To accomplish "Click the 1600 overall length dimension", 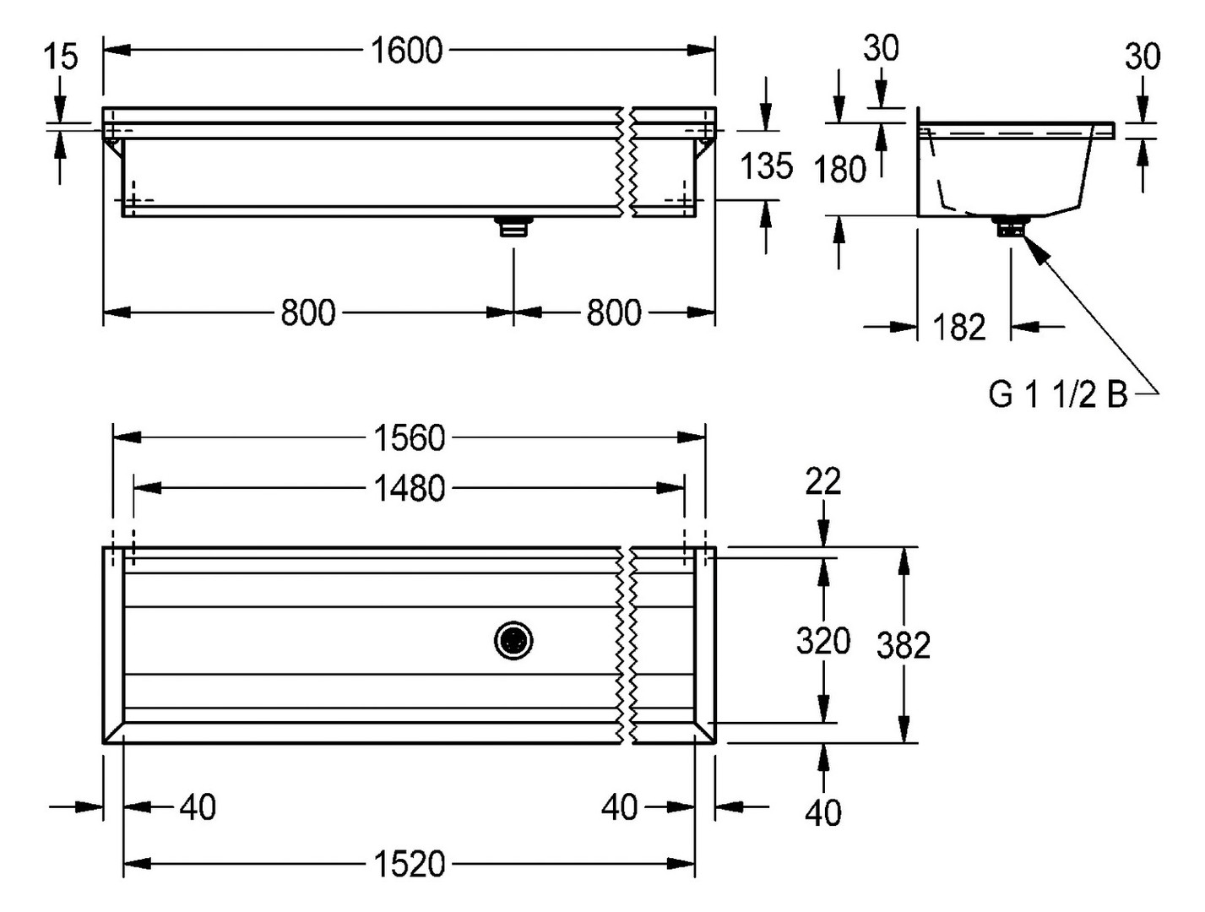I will [407, 52].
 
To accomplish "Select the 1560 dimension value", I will [410, 438].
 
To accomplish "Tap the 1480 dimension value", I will [410, 489].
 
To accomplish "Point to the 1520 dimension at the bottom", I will [410, 864].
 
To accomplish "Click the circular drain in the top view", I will [513, 641].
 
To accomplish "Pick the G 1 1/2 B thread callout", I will [1058, 394].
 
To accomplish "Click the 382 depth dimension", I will [904, 645].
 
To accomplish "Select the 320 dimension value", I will [823, 642].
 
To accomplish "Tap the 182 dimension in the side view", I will [959, 328].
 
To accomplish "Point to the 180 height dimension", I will [840, 170].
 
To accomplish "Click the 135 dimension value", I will [767, 166].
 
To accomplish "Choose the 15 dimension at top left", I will [60, 57].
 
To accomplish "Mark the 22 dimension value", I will [823, 482].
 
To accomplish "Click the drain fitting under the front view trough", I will [513, 226].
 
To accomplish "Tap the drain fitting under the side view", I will [1010, 227].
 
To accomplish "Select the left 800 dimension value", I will [308, 313].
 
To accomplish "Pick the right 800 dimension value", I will [614, 313].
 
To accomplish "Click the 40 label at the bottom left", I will [198, 808].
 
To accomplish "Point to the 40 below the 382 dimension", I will [823, 813].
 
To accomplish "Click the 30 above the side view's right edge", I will [1143, 57].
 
